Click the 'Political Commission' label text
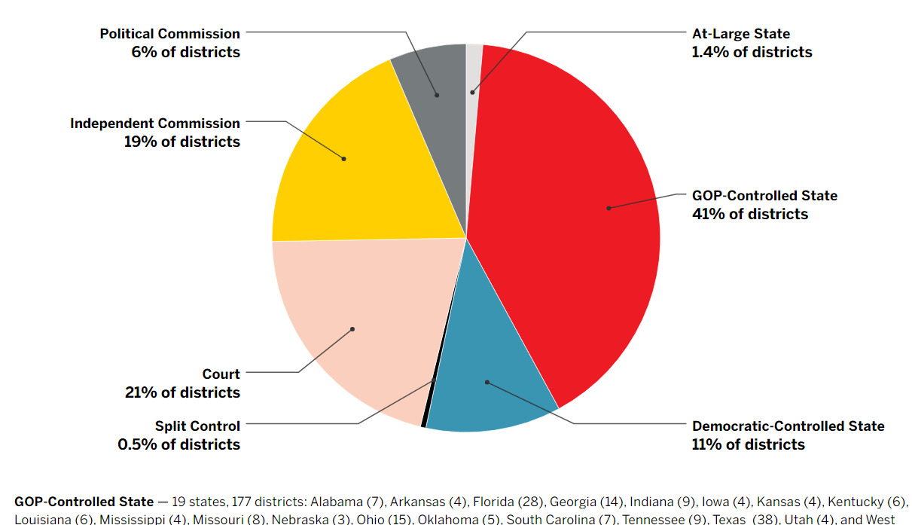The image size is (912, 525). [x=170, y=34]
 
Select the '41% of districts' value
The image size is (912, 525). [x=749, y=214]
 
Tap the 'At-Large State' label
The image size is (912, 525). [x=740, y=34]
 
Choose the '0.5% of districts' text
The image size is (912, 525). [x=178, y=444]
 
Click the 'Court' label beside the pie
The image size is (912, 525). [x=221, y=374]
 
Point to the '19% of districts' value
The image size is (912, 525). [x=182, y=142]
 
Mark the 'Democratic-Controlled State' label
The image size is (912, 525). [x=788, y=426]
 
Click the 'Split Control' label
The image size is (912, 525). [x=197, y=426]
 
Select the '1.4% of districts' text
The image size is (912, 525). [x=752, y=52]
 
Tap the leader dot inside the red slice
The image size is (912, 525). [x=609, y=208]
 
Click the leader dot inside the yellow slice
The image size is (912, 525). [x=344, y=159]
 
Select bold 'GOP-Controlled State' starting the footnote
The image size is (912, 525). [x=84, y=502]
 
